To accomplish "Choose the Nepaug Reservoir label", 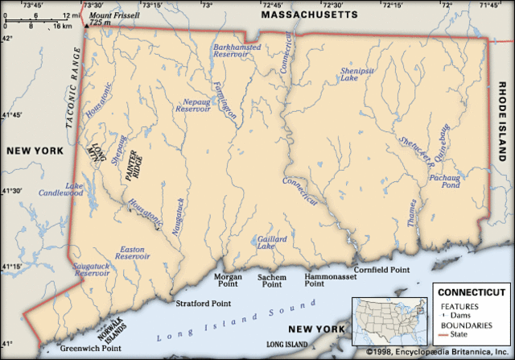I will coord(196,109).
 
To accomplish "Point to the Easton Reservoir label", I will coord(132,253).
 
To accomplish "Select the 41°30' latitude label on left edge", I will coord(10,190).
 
